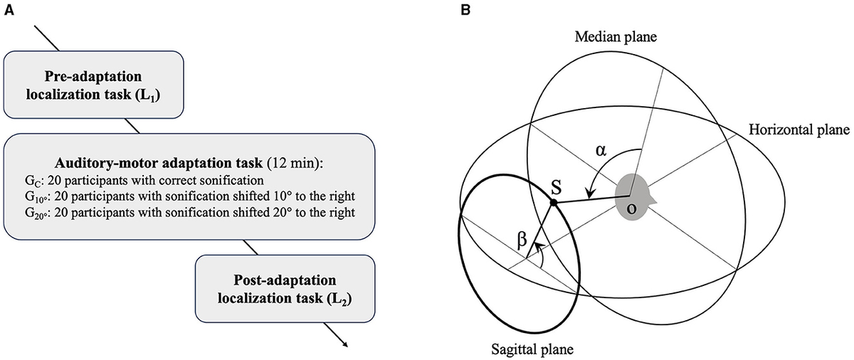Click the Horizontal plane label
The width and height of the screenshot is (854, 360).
click(799, 130)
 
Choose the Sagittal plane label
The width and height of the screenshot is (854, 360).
click(532, 349)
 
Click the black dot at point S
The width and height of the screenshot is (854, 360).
click(554, 203)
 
